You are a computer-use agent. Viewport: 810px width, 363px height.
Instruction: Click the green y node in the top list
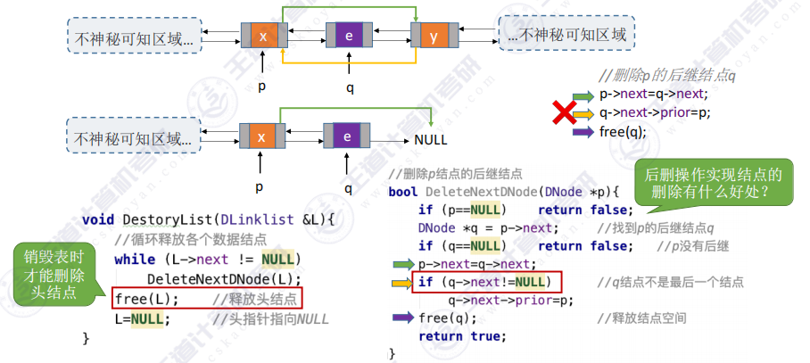pyautogui.click(x=434, y=36)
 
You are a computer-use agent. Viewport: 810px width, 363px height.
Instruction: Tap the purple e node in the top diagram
pyautogui.click(x=349, y=36)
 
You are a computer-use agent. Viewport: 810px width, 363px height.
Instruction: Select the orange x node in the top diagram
pyautogui.click(x=263, y=36)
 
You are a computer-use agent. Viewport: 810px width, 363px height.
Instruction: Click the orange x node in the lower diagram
pyautogui.click(x=261, y=137)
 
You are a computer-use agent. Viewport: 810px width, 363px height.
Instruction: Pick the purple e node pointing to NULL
pyautogui.click(x=348, y=137)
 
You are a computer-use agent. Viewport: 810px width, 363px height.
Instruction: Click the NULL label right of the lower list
pyautogui.click(x=431, y=140)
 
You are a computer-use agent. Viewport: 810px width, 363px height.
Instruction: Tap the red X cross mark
pyautogui.click(x=564, y=112)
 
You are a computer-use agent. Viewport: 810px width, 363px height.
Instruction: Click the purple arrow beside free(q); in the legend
pyautogui.click(x=583, y=131)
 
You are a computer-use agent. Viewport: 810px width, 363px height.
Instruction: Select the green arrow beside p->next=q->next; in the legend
pyautogui.click(x=583, y=94)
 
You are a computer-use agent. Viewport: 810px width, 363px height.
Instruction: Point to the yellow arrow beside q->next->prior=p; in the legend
pyautogui.click(x=583, y=112)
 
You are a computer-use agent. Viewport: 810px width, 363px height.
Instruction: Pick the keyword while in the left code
pyautogui.click(x=133, y=259)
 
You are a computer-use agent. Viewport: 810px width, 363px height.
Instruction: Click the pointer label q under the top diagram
pyautogui.click(x=350, y=87)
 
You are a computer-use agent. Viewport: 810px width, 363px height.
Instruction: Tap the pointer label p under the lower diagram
pyautogui.click(x=260, y=188)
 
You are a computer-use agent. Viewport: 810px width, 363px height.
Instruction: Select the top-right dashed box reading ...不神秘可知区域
pyautogui.click(x=566, y=34)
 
